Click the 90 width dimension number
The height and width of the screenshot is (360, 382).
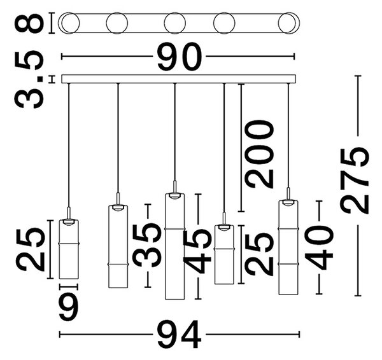180,57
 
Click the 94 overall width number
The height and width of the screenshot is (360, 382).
180,335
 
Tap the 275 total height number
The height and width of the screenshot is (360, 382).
355,181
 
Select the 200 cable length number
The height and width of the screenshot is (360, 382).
260,154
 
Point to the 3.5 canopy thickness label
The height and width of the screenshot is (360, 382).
29,80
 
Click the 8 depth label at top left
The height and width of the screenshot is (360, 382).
29,24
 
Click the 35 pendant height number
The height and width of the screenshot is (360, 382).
146,246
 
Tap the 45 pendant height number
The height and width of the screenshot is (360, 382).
197,251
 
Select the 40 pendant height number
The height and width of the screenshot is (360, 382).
319,247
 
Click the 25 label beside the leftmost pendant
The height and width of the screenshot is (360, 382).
30,250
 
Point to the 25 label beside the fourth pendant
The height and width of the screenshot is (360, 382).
260,254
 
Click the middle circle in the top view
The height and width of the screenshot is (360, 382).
174,23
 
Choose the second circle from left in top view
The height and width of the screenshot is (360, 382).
117,23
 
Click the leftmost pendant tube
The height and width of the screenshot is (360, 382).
69,249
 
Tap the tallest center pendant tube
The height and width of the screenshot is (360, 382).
175,246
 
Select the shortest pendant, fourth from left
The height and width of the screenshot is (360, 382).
224,254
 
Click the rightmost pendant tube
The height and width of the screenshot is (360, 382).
288,247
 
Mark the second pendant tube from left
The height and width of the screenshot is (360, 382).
118,247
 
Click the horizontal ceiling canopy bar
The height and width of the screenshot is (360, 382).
178,79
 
